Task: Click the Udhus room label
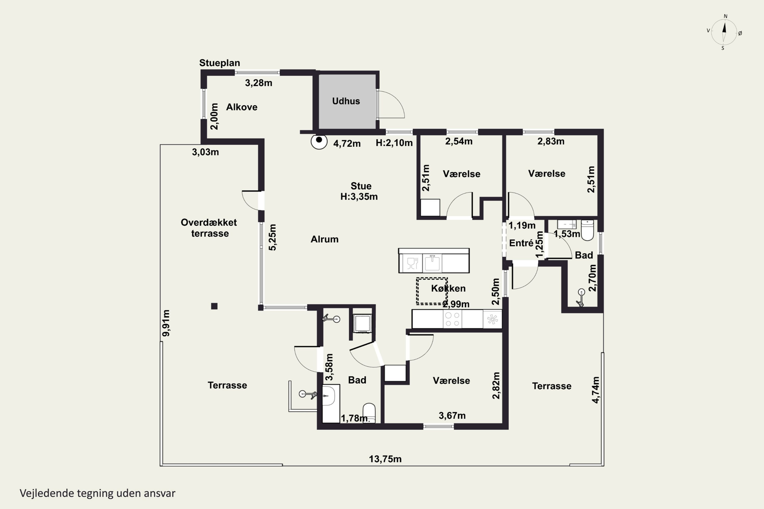[346, 101]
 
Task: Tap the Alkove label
[242, 107]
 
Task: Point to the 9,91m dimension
[166, 323]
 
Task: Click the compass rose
[724, 32]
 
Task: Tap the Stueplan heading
[220, 63]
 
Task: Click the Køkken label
[448, 288]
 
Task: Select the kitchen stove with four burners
[453, 319]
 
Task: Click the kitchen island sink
[432, 263]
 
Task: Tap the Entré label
[521, 243]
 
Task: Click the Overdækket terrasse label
[209, 228]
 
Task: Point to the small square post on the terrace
[214, 306]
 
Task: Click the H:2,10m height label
[394, 143]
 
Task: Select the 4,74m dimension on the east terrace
[595, 390]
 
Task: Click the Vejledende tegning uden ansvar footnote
[98, 493]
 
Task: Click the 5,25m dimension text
[272, 237]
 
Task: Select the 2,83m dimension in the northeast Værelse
[551, 141]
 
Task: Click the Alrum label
[324, 239]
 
